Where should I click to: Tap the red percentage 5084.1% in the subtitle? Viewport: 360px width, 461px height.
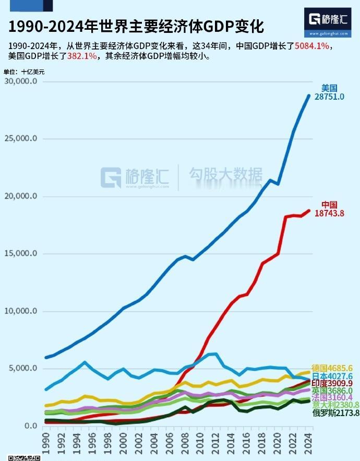(312, 46)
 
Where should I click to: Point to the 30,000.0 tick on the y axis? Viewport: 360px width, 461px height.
(20, 81)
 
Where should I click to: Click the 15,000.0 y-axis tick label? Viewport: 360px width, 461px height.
(20, 254)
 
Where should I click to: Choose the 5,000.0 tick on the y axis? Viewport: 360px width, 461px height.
(22, 369)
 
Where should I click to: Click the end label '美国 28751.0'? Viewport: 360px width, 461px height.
(329, 93)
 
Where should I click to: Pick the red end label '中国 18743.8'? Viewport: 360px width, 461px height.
(329, 209)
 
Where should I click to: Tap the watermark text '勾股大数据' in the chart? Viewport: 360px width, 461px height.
(225, 175)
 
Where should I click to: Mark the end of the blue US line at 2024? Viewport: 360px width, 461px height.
(309, 96)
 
